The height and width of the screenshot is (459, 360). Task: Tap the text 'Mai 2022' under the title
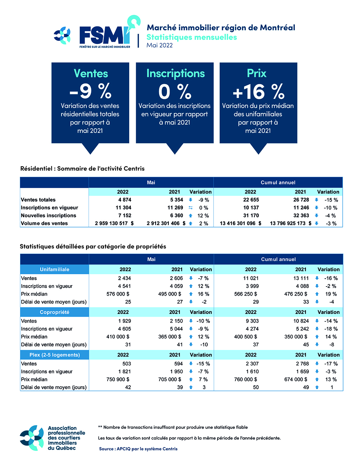(x=159, y=45)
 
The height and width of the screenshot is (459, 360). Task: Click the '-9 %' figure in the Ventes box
(x=90, y=91)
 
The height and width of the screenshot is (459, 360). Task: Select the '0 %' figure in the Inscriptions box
(x=175, y=91)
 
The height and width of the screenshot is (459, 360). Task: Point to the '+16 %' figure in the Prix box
(x=258, y=91)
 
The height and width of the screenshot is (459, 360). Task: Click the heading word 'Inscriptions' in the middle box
(x=175, y=73)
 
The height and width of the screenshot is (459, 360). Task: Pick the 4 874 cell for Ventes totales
(x=125, y=200)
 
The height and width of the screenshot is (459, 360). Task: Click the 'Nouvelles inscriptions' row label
(x=49, y=216)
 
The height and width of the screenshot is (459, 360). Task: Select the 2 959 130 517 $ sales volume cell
(x=114, y=224)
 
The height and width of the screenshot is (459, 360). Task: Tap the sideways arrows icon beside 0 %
(x=191, y=208)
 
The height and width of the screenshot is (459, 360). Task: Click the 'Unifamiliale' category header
(x=54, y=270)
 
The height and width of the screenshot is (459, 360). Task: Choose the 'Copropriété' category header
(x=54, y=312)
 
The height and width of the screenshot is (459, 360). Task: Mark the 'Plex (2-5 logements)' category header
(x=54, y=355)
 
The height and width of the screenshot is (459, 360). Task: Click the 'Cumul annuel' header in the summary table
(x=278, y=183)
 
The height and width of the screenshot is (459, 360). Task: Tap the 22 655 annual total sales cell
(x=251, y=200)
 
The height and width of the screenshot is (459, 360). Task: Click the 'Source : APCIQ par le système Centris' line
(x=138, y=449)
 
